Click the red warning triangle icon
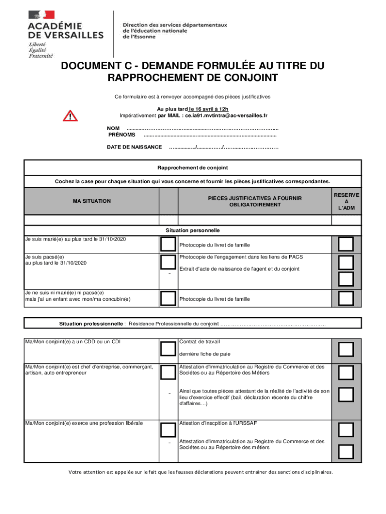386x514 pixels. point(70,115)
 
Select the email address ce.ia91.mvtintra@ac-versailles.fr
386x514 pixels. point(226,115)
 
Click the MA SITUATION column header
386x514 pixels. point(92,201)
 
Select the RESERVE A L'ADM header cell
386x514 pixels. point(346,201)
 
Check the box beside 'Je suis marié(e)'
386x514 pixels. point(168,244)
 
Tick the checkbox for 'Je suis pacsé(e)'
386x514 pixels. point(168,262)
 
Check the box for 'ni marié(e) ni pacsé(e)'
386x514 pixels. point(168,298)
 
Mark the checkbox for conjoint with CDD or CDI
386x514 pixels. point(168,348)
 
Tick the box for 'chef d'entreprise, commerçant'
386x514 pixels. point(168,372)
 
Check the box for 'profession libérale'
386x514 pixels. point(168,430)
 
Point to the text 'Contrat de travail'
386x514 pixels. point(200,342)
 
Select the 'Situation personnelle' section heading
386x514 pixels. point(192,230)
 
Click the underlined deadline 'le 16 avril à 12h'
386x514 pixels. point(209,109)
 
